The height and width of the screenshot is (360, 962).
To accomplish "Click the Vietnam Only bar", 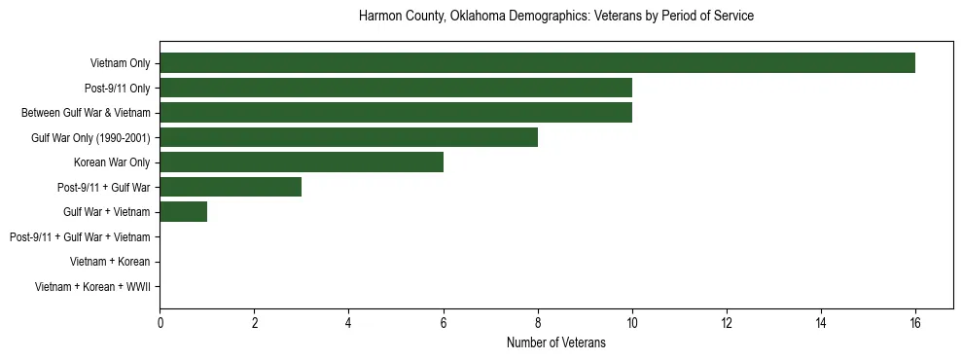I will [x=537, y=63].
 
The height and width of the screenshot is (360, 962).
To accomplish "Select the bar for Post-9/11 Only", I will [x=396, y=88].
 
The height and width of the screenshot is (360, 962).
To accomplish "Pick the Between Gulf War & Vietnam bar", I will [x=396, y=113].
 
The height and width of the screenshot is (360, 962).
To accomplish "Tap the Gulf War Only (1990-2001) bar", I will [x=348, y=137].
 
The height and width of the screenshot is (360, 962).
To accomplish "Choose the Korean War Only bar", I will [x=302, y=162].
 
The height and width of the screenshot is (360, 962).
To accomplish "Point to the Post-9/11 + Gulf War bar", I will [x=231, y=187].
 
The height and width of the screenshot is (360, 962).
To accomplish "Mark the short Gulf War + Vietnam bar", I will [x=183, y=212].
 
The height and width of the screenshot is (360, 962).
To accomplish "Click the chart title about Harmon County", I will [x=555, y=17].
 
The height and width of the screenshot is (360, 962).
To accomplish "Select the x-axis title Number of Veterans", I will [x=555, y=342].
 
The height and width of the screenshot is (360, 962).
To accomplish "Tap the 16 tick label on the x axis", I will [x=915, y=322].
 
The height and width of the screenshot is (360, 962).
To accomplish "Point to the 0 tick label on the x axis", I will [x=160, y=322].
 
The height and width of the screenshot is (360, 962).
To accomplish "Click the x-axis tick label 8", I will [x=538, y=322].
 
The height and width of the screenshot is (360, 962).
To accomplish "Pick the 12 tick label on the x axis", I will [x=727, y=322].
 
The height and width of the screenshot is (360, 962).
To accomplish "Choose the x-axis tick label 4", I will [x=348, y=322].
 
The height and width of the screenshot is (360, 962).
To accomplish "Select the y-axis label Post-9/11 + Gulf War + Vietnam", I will [x=80, y=237].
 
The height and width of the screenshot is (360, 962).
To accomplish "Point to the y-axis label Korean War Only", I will [x=112, y=162].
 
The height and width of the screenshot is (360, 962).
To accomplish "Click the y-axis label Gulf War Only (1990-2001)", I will [x=90, y=137].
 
